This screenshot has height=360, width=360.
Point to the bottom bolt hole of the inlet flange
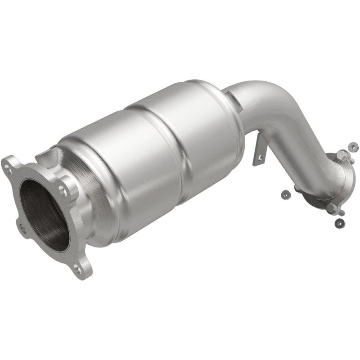tap(78, 269)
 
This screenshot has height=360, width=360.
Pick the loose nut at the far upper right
tap(354, 146)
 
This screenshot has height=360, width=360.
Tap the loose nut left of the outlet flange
tap(284, 194)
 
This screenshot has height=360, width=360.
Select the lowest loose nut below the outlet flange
tap(338, 222)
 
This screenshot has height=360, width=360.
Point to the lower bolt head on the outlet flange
tap(333, 208)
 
